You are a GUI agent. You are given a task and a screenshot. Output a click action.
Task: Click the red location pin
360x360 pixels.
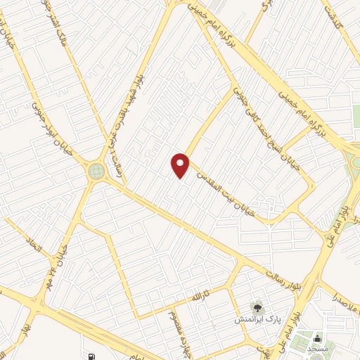pos(181,165)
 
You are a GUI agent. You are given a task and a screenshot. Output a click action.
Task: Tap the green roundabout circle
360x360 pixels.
pos(96,170)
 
